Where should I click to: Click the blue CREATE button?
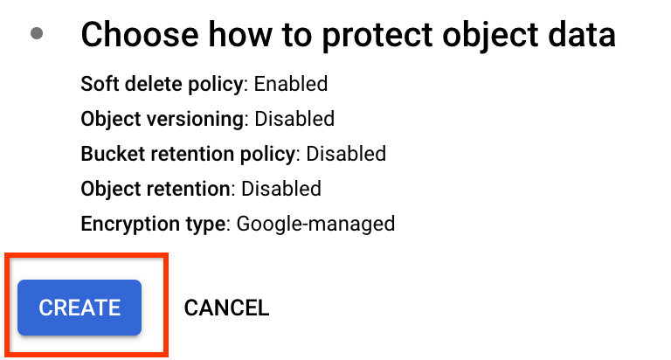tap(80, 308)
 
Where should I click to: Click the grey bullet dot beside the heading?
tap(37, 34)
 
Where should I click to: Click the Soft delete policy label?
tap(161, 85)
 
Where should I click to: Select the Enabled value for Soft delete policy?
tap(291, 85)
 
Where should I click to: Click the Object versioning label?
tap(161, 119)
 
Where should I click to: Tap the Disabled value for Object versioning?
tap(294, 119)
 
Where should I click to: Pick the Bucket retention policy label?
tap(187, 154)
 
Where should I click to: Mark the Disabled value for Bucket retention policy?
tap(346, 154)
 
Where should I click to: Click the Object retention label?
tap(156, 189)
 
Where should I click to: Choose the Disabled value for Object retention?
tap(281, 189)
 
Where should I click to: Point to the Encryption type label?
tap(153, 224)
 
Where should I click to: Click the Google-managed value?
tap(316, 224)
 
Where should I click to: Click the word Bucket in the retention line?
tap(108, 154)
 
